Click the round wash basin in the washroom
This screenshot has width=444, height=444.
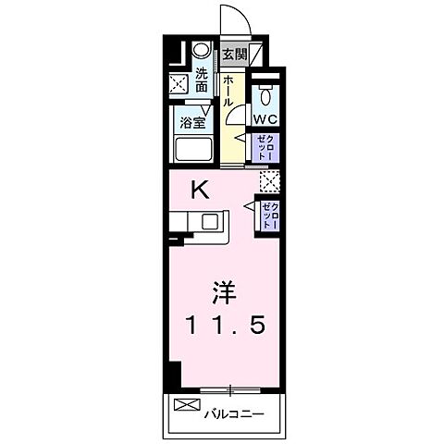click(201, 52)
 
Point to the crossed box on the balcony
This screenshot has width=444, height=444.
click(186, 405)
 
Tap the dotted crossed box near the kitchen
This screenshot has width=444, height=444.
click(269, 181)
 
